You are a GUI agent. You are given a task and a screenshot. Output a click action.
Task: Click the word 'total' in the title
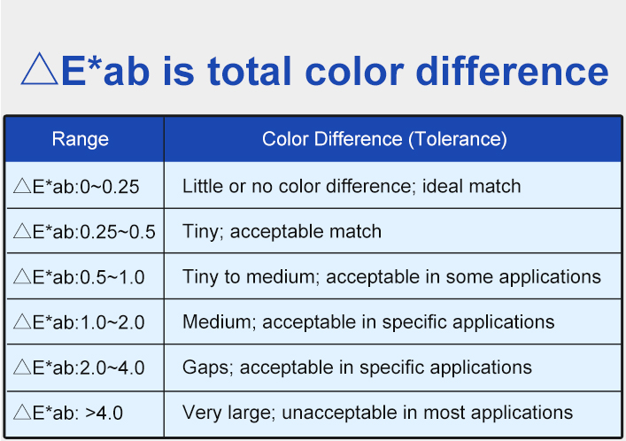pyautogui.click(x=249, y=72)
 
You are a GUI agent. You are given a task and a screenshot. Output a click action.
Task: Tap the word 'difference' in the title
pyautogui.click(x=512, y=72)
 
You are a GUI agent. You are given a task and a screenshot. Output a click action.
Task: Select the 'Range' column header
pyautogui.click(x=81, y=139)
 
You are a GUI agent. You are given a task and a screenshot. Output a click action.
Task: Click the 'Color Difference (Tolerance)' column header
pyautogui.click(x=384, y=139)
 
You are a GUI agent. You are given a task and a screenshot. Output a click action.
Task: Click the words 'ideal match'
pyautogui.click(x=472, y=186)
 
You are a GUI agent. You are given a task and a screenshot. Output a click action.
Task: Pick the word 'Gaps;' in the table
pyautogui.click(x=207, y=367)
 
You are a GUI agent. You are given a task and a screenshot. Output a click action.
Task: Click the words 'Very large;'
pyautogui.click(x=229, y=413)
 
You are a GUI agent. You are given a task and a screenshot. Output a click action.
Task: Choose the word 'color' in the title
pyautogui.click(x=354, y=72)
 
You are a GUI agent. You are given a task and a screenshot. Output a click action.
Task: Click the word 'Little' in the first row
pyautogui.click(x=203, y=186)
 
